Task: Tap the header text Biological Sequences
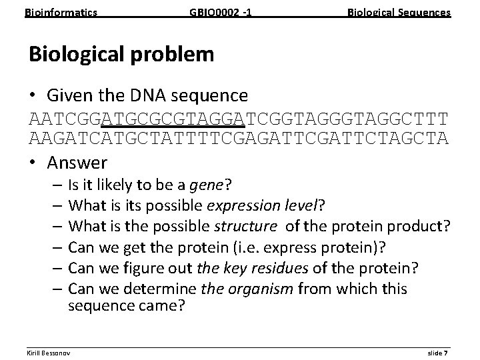click(x=399, y=13)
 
